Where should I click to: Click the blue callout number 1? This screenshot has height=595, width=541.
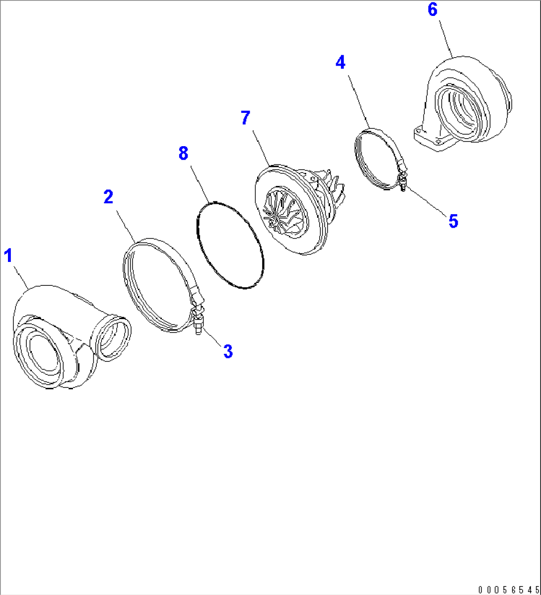pyautogui.click(x=8, y=255)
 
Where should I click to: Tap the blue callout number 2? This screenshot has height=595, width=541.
pyautogui.click(x=108, y=197)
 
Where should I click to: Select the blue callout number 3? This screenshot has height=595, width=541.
pyautogui.click(x=228, y=351)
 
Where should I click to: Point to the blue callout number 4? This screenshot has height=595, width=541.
pyautogui.click(x=340, y=62)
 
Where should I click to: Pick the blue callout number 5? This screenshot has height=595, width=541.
pyautogui.click(x=453, y=221)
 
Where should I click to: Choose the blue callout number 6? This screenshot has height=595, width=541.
pyautogui.click(x=432, y=9)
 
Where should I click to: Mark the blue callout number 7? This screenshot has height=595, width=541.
pyautogui.click(x=246, y=118)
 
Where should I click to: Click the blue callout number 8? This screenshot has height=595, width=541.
pyautogui.click(x=183, y=153)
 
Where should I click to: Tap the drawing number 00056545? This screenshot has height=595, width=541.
pyautogui.click(x=509, y=590)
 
